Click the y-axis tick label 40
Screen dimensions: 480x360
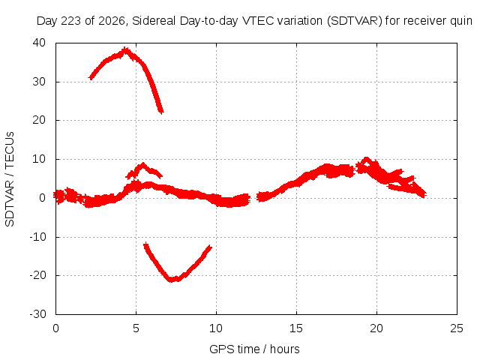[39, 43]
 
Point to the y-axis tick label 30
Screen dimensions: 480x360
[39, 82]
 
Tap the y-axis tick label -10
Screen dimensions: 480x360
[37, 237]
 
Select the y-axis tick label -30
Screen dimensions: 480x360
[37, 314]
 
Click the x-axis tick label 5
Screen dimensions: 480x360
[136, 328]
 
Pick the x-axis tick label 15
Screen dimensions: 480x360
[296, 328]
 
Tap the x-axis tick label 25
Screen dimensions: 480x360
[457, 328]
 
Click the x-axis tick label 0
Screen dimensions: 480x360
[55, 328]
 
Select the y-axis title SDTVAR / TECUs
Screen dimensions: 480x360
[10, 179]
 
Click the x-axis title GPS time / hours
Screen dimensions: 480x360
[254, 349]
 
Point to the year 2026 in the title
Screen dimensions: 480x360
[112, 21]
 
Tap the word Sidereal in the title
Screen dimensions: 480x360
[154, 21]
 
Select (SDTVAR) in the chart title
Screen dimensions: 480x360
[355, 21]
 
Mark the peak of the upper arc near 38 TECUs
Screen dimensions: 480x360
[125, 50]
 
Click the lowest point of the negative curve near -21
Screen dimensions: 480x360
[172, 279]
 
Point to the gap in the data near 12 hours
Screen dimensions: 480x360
[253, 198]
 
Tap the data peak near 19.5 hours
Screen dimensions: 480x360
[367, 160]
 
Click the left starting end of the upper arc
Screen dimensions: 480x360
[91, 78]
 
